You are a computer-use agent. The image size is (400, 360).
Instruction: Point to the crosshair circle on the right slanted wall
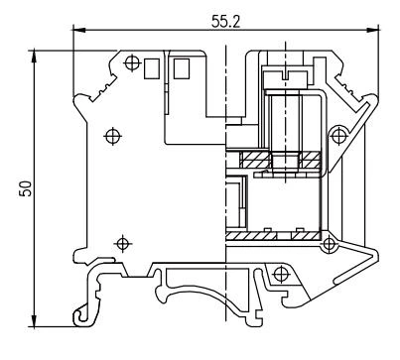pyautogui.click(x=340, y=133)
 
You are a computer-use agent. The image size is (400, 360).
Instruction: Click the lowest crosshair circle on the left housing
pyautogui.click(x=121, y=241)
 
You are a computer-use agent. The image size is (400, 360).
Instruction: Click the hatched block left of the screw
pyautogui.click(x=250, y=158)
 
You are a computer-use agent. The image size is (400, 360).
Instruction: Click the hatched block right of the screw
pyautogui.click(x=308, y=158)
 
